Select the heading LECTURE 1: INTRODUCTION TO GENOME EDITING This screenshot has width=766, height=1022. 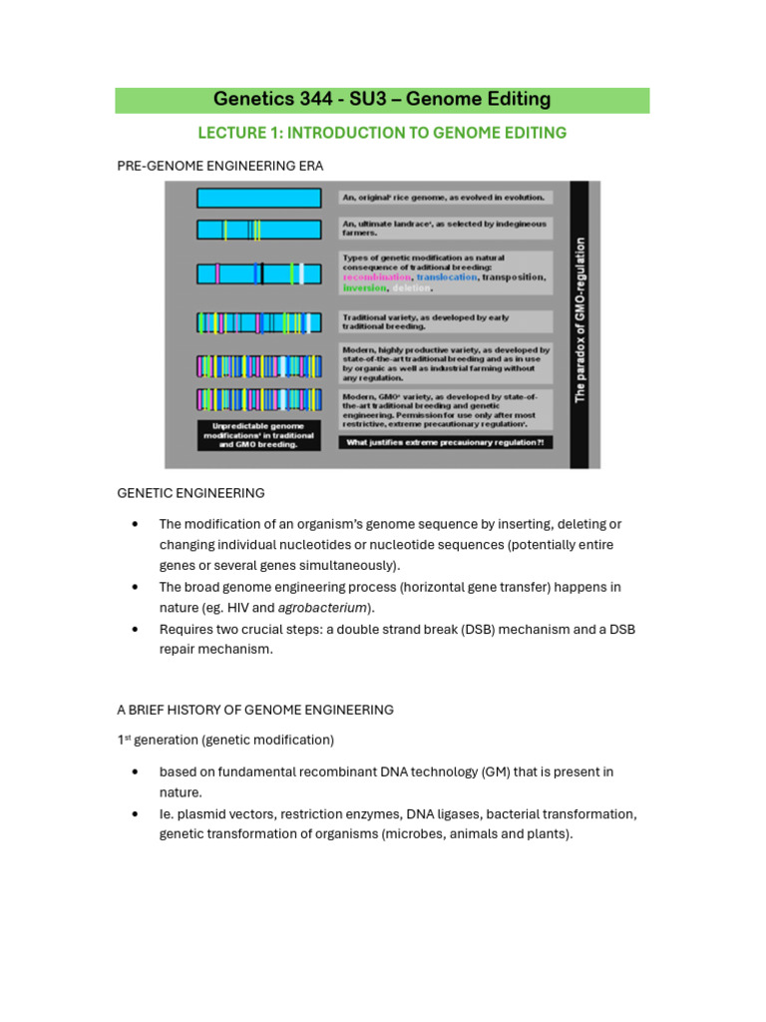(x=382, y=133)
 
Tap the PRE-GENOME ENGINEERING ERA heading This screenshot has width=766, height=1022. (x=219, y=165)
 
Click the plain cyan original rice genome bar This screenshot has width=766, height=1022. (x=258, y=198)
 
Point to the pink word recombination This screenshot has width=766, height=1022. (x=375, y=276)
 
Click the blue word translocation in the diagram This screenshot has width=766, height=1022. (x=446, y=276)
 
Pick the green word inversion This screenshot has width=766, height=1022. (x=362, y=287)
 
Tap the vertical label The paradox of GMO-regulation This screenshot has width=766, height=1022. (x=579, y=319)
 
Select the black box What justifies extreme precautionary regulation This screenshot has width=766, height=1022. (x=446, y=441)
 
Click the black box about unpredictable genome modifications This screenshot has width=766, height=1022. (x=258, y=435)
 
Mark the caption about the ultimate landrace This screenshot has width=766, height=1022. (x=445, y=229)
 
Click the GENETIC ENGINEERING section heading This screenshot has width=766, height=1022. (x=191, y=493)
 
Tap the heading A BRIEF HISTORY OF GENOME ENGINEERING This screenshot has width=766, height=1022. (x=254, y=710)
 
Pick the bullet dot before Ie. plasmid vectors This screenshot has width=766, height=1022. (x=133, y=814)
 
